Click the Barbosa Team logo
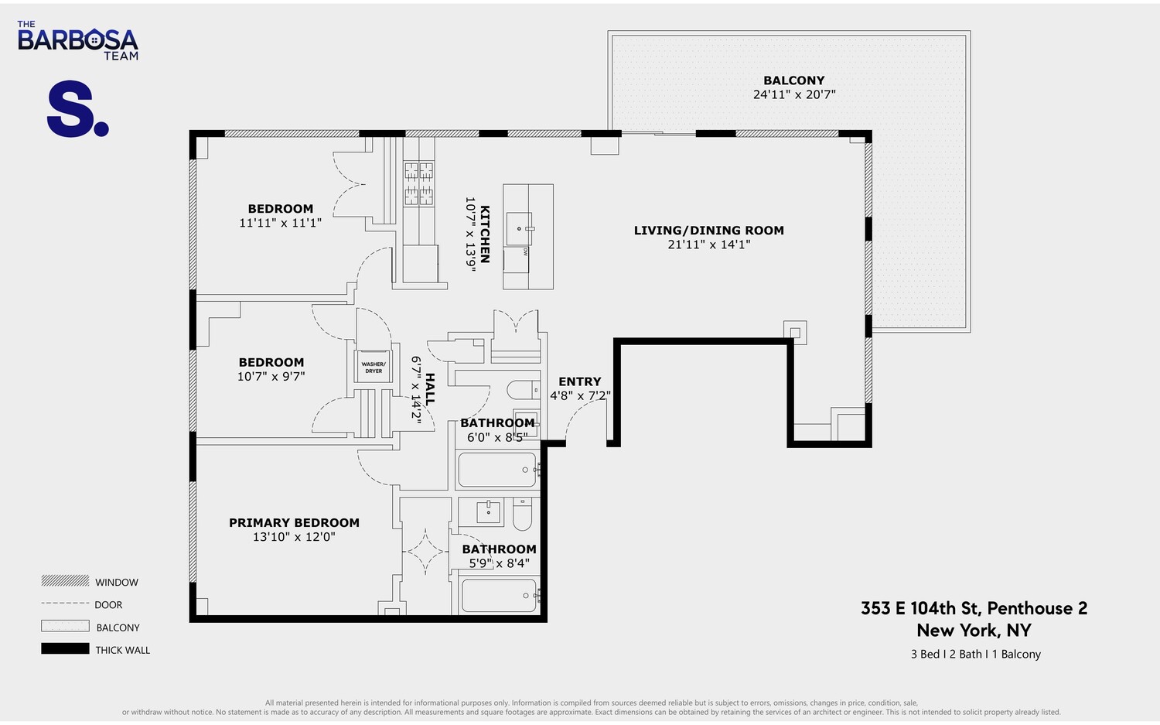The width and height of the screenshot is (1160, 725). click(77, 41)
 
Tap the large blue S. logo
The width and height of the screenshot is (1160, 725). click(77, 110)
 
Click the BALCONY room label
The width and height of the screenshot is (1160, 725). click(793, 80)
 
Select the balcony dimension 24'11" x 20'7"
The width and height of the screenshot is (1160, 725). click(793, 94)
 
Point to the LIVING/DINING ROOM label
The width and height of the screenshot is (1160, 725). click(708, 231)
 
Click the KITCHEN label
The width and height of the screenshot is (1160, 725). click(485, 234)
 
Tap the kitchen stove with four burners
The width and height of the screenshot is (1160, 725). click(418, 183)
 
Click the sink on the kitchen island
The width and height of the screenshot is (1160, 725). click(519, 229)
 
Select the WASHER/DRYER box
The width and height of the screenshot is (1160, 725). click(374, 367)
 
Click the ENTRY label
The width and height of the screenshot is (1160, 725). click(579, 381)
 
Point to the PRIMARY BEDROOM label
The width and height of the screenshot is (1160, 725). click(294, 523)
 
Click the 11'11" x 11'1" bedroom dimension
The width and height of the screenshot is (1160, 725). click(280, 223)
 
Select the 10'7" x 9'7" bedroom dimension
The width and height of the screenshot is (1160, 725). click(271, 377)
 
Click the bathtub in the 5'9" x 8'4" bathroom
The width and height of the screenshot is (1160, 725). click(499, 596)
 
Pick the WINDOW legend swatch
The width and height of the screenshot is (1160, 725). click(65, 581)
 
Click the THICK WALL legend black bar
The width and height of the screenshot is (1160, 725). click(65, 649)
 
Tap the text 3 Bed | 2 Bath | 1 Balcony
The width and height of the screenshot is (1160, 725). click(975, 654)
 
